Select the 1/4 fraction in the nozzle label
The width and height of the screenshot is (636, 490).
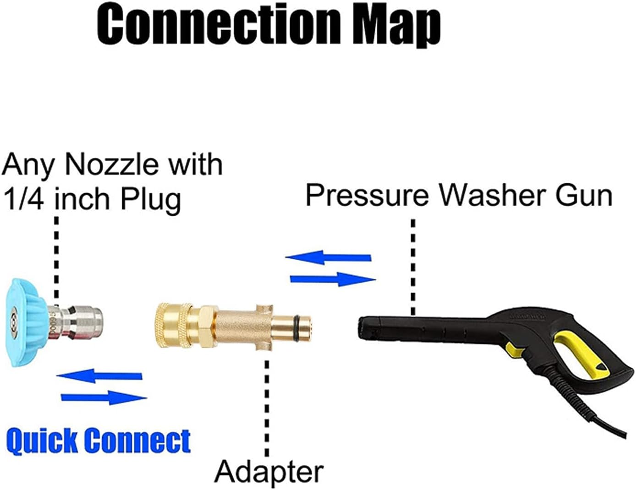[26, 199]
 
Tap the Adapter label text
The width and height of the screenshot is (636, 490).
[269, 471]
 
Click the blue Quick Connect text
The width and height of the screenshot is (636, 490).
[98, 441]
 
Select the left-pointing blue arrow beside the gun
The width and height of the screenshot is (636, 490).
[328, 257]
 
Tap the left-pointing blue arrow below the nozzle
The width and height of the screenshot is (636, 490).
[99, 376]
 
